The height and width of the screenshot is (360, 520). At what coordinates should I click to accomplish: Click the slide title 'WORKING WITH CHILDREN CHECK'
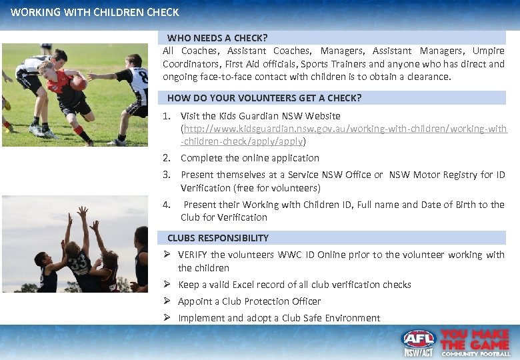point(95,12)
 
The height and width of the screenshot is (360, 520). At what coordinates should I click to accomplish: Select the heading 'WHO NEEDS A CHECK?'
point(217,38)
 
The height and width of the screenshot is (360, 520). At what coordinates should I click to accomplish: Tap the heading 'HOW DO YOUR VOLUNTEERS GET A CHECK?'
point(264,98)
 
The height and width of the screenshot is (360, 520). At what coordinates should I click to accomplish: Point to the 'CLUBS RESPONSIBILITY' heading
point(218,238)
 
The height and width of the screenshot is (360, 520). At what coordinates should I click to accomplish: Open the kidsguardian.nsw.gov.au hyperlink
point(344,129)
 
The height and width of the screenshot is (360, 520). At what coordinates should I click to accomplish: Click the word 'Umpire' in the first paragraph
point(488,51)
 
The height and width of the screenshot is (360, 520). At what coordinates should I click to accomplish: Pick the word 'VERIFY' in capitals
point(193,255)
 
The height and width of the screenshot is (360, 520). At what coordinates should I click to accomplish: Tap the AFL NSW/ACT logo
point(419,343)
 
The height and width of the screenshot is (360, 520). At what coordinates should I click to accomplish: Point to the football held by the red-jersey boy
point(79,83)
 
